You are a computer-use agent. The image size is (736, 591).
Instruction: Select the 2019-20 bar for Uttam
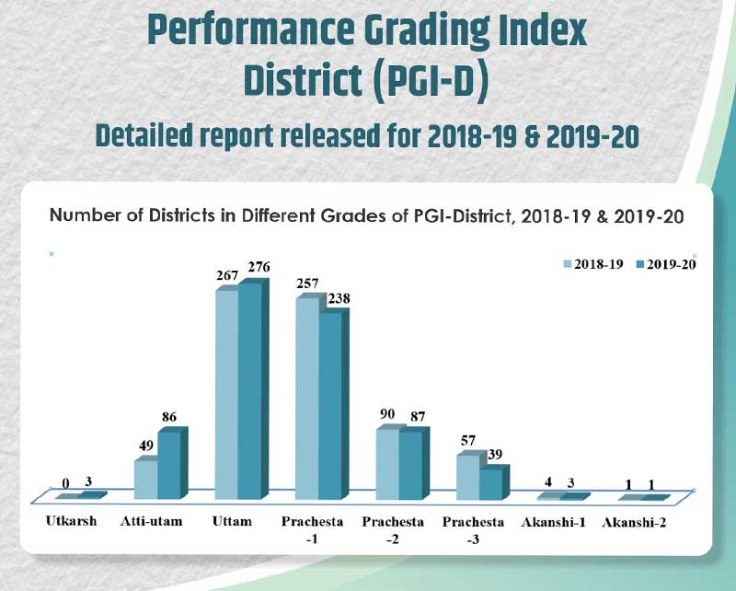[x=249, y=391]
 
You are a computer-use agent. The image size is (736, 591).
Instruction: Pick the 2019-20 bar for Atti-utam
[x=169, y=464]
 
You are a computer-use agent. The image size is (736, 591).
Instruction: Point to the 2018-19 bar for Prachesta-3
[x=468, y=475]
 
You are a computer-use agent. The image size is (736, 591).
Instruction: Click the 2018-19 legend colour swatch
[x=568, y=264]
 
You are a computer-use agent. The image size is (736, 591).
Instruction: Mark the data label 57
[x=468, y=441]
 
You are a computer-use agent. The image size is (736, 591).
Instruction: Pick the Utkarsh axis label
[x=70, y=523]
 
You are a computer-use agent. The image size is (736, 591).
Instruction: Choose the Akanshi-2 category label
[x=635, y=523]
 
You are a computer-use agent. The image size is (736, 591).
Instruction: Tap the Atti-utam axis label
[x=151, y=523]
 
